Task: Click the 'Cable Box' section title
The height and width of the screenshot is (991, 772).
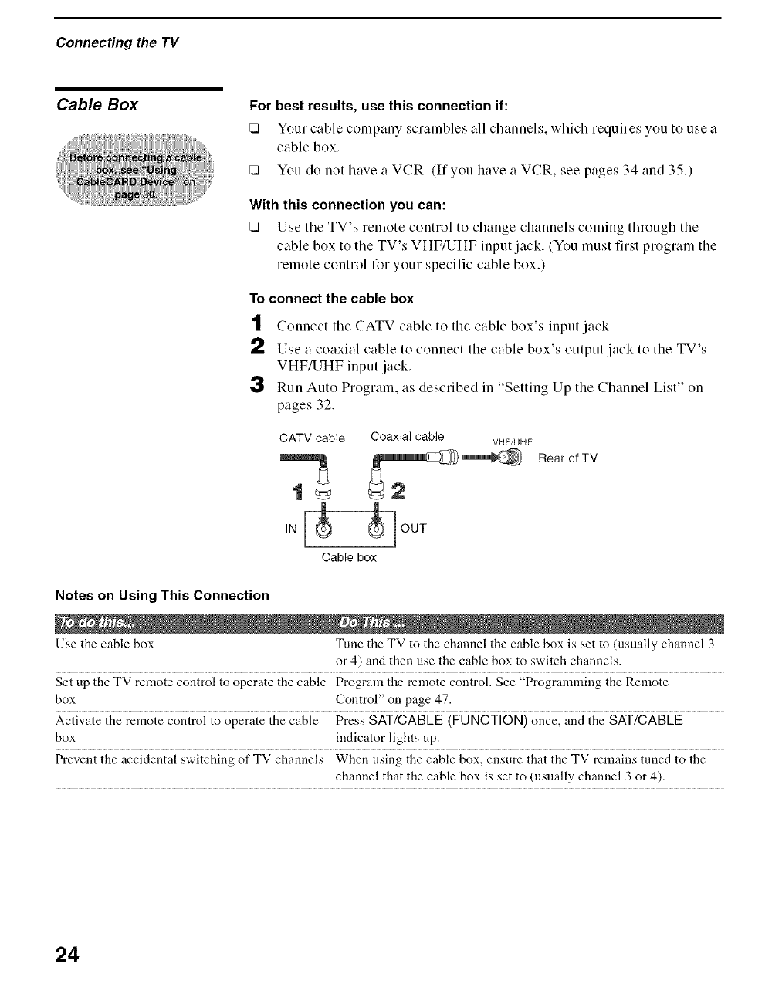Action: pyautogui.click(x=97, y=105)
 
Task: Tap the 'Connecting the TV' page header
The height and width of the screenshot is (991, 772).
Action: pyautogui.click(x=117, y=42)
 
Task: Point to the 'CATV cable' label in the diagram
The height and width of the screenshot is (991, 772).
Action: pyautogui.click(x=312, y=438)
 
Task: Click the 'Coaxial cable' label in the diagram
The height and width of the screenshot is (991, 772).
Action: pyautogui.click(x=407, y=437)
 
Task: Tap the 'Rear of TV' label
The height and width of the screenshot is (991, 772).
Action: pyautogui.click(x=567, y=458)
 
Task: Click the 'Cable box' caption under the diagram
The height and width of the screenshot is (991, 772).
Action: pyautogui.click(x=349, y=557)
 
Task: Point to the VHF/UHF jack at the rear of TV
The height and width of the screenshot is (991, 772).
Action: pyautogui.click(x=510, y=458)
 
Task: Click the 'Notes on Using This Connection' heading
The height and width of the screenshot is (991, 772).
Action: pyautogui.click(x=162, y=595)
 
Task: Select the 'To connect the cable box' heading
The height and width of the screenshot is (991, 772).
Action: pyautogui.click(x=331, y=299)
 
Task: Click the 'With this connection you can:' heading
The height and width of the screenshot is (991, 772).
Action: pyautogui.click(x=348, y=205)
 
